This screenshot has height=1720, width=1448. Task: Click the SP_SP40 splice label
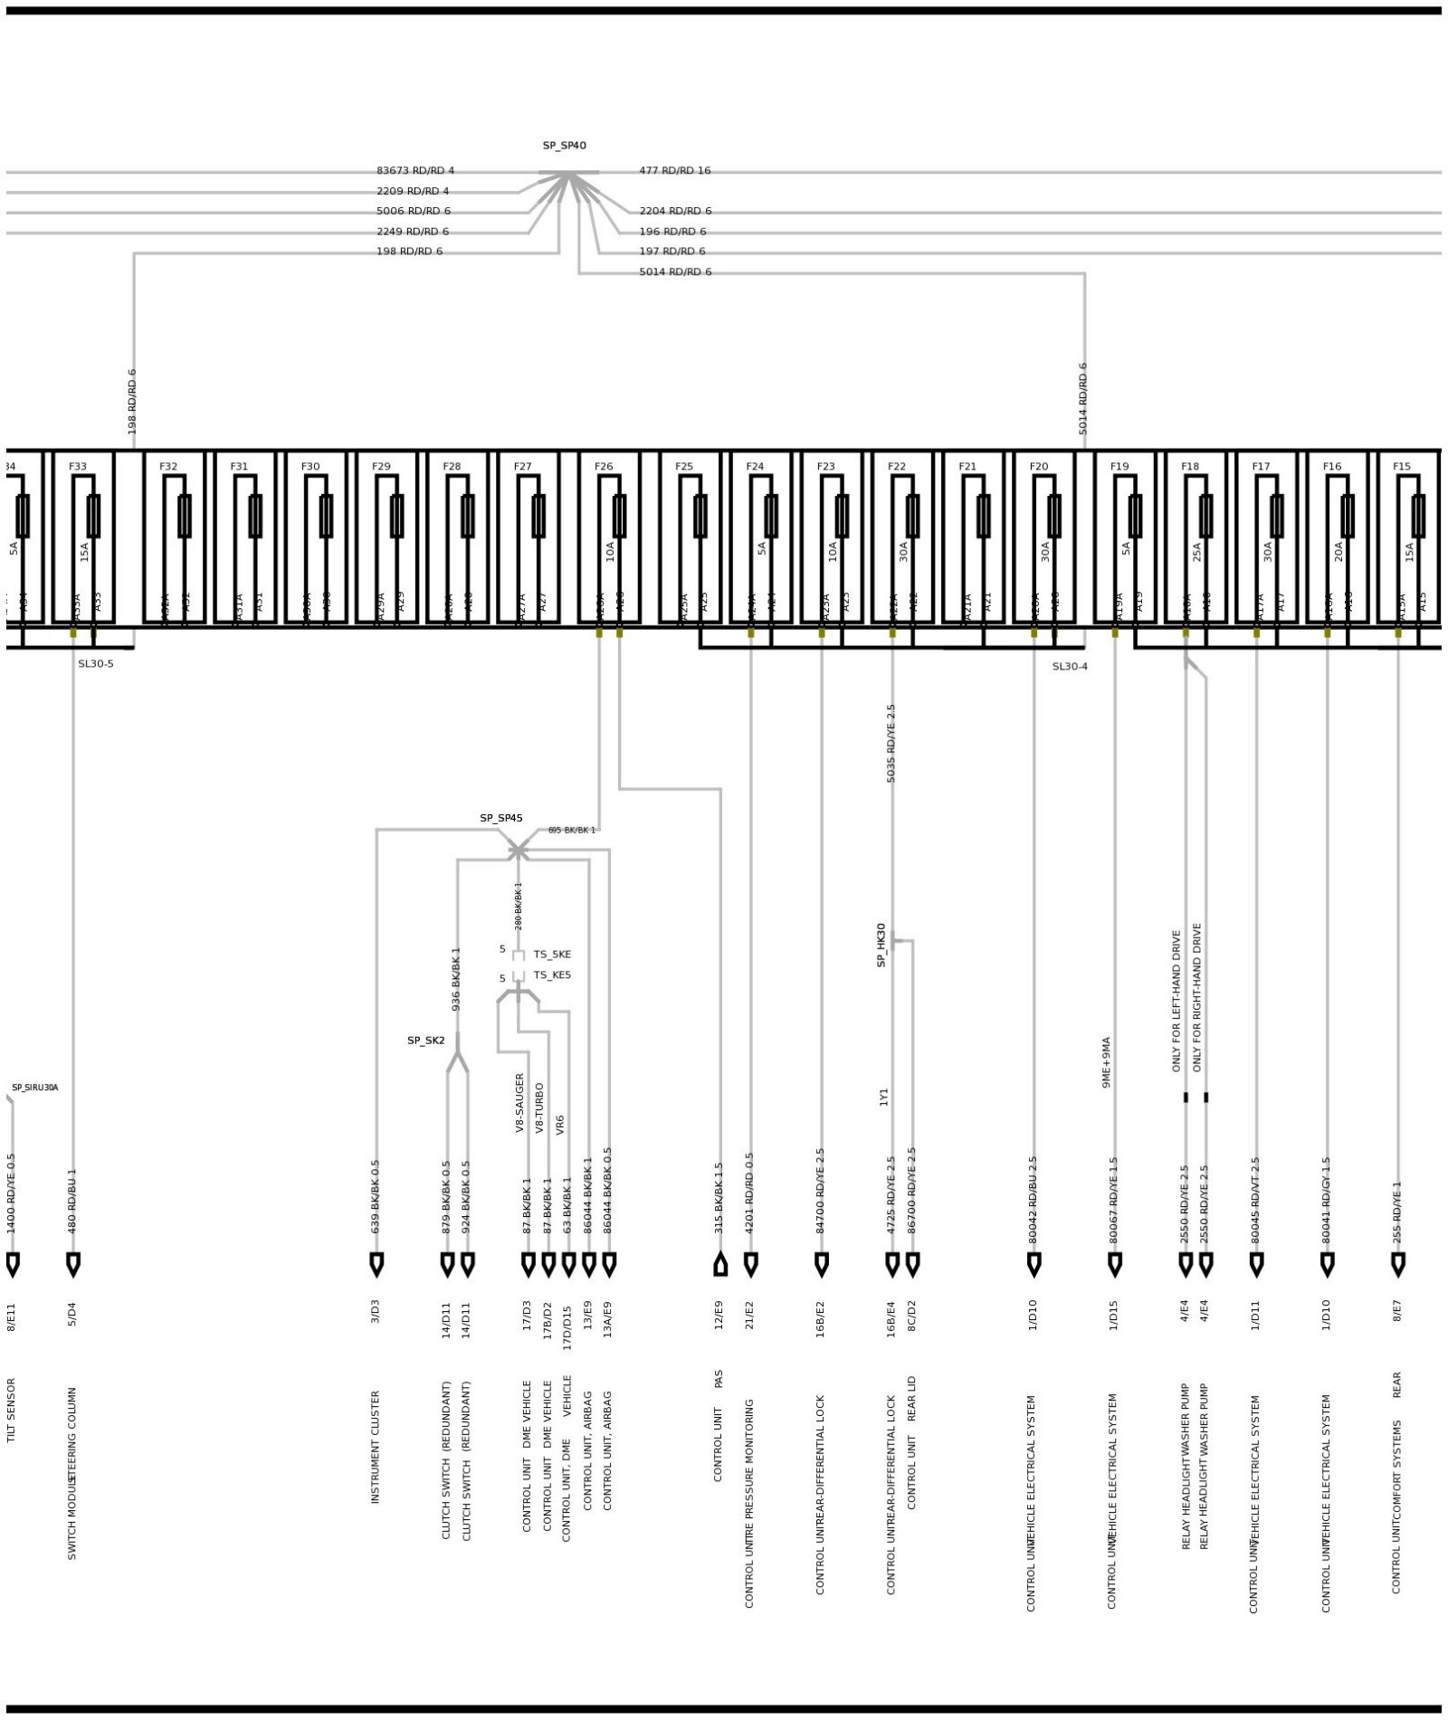[x=564, y=146]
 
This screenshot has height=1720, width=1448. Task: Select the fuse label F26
[x=604, y=467]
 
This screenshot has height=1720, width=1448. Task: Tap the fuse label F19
[x=1119, y=467]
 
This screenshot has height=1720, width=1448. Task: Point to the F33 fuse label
[x=78, y=467]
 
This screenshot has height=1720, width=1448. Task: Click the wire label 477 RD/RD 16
[x=674, y=170]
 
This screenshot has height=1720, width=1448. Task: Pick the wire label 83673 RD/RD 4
[x=415, y=170]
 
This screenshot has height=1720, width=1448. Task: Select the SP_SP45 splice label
[x=500, y=818]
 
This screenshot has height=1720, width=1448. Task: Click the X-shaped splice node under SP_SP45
[x=518, y=850]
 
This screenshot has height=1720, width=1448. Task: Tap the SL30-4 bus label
[x=1069, y=667]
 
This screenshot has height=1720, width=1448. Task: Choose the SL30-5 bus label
[x=95, y=664]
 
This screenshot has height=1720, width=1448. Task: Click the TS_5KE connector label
[x=552, y=955]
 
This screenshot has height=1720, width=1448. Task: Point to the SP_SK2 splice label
[x=425, y=1041]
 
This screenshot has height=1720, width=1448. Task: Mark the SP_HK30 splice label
[x=881, y=945]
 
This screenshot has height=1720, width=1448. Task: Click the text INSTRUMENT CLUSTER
[x=376, y=1447]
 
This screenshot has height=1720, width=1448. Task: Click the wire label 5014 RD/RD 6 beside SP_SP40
[x=675, y=271]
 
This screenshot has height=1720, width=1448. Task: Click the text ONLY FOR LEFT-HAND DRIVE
[x=1176, y=1001]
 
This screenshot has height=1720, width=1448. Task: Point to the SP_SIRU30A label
[x=34, y=1088]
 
